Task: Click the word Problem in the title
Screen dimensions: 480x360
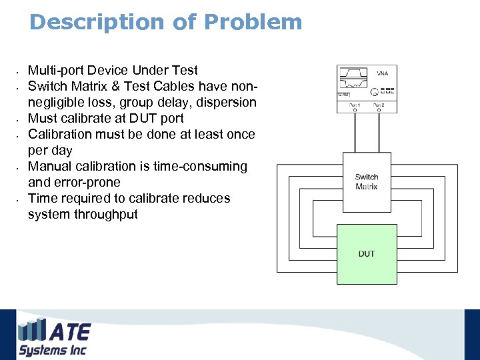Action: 253,22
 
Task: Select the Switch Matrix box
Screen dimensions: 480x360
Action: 366,181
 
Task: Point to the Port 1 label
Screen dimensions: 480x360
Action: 353,105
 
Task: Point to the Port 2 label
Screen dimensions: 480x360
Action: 379,105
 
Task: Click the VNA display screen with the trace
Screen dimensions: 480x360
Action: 354,80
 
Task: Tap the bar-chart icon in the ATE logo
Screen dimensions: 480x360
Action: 32,330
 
